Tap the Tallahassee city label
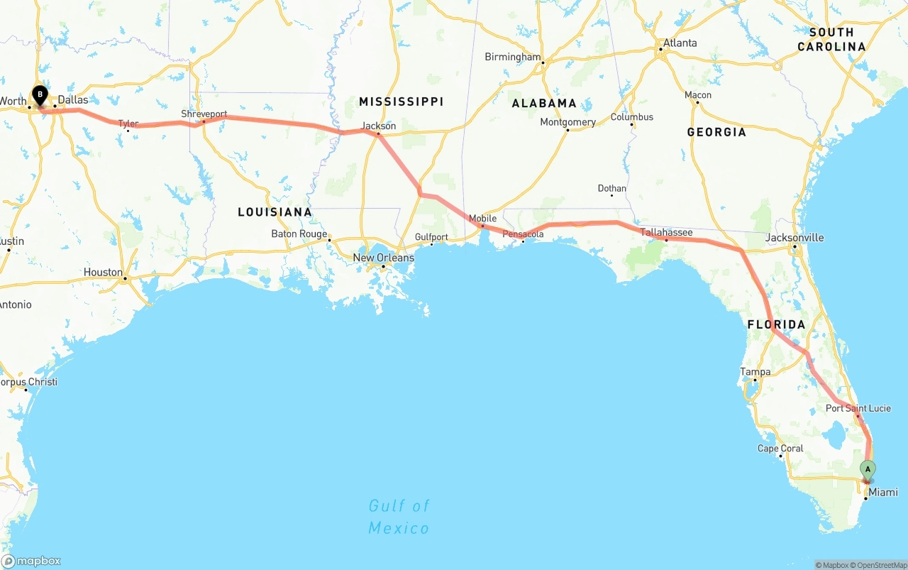666,232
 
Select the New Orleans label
383,258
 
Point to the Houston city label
103,273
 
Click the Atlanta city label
680,43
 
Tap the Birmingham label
512,57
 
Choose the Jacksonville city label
794,237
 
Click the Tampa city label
755,372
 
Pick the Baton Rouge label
299,234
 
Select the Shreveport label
204,114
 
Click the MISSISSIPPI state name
402,102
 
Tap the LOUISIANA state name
275,212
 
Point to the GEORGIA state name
716,132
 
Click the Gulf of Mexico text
399,517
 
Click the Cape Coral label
780,449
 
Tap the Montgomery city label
567,122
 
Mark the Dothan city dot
611,195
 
